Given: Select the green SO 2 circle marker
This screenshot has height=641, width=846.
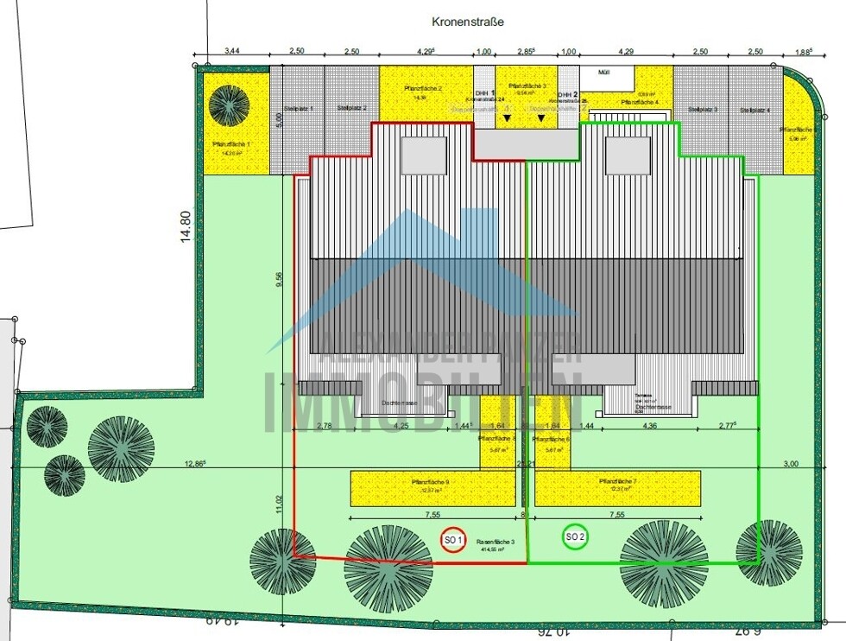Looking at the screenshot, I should point(576,536).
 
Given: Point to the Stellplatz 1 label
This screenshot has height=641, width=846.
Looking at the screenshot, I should point(298,108).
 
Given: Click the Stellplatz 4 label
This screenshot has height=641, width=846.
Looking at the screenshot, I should point(754,110).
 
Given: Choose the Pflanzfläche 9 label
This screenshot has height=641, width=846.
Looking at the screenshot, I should point(429,481).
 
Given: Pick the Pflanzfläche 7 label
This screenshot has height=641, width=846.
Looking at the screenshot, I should point(616,481).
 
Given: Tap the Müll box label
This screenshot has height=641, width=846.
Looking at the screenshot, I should point(602,73).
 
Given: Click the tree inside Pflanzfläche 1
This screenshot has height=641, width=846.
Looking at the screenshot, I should point(229,105).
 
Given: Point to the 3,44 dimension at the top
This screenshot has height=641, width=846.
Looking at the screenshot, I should point(233,52).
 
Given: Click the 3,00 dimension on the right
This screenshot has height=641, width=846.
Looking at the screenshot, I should point(790,463).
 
